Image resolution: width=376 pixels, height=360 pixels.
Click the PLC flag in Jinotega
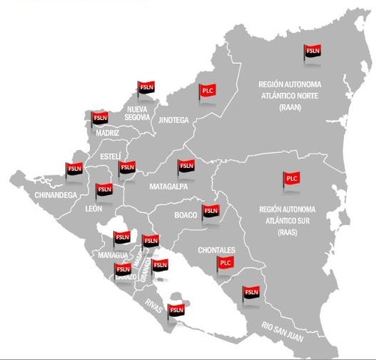pos(208,89)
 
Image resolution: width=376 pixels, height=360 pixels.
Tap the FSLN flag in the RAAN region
pos(312,51)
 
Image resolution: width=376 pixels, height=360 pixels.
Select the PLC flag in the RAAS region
pos(291,178)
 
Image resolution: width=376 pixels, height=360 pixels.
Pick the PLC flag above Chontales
pos(225,262)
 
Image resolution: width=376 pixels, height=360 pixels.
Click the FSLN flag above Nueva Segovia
pos(145,86)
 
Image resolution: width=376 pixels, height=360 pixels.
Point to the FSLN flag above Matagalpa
pos(186,166)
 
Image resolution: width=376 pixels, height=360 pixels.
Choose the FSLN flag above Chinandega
pos(74,169)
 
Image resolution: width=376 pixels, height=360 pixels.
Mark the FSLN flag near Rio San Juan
pos(251,292)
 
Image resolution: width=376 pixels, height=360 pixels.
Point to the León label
pos(93,208)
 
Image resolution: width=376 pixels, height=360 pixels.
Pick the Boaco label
pos(185,215)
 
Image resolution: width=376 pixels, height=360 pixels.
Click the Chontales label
pos(217,250)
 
